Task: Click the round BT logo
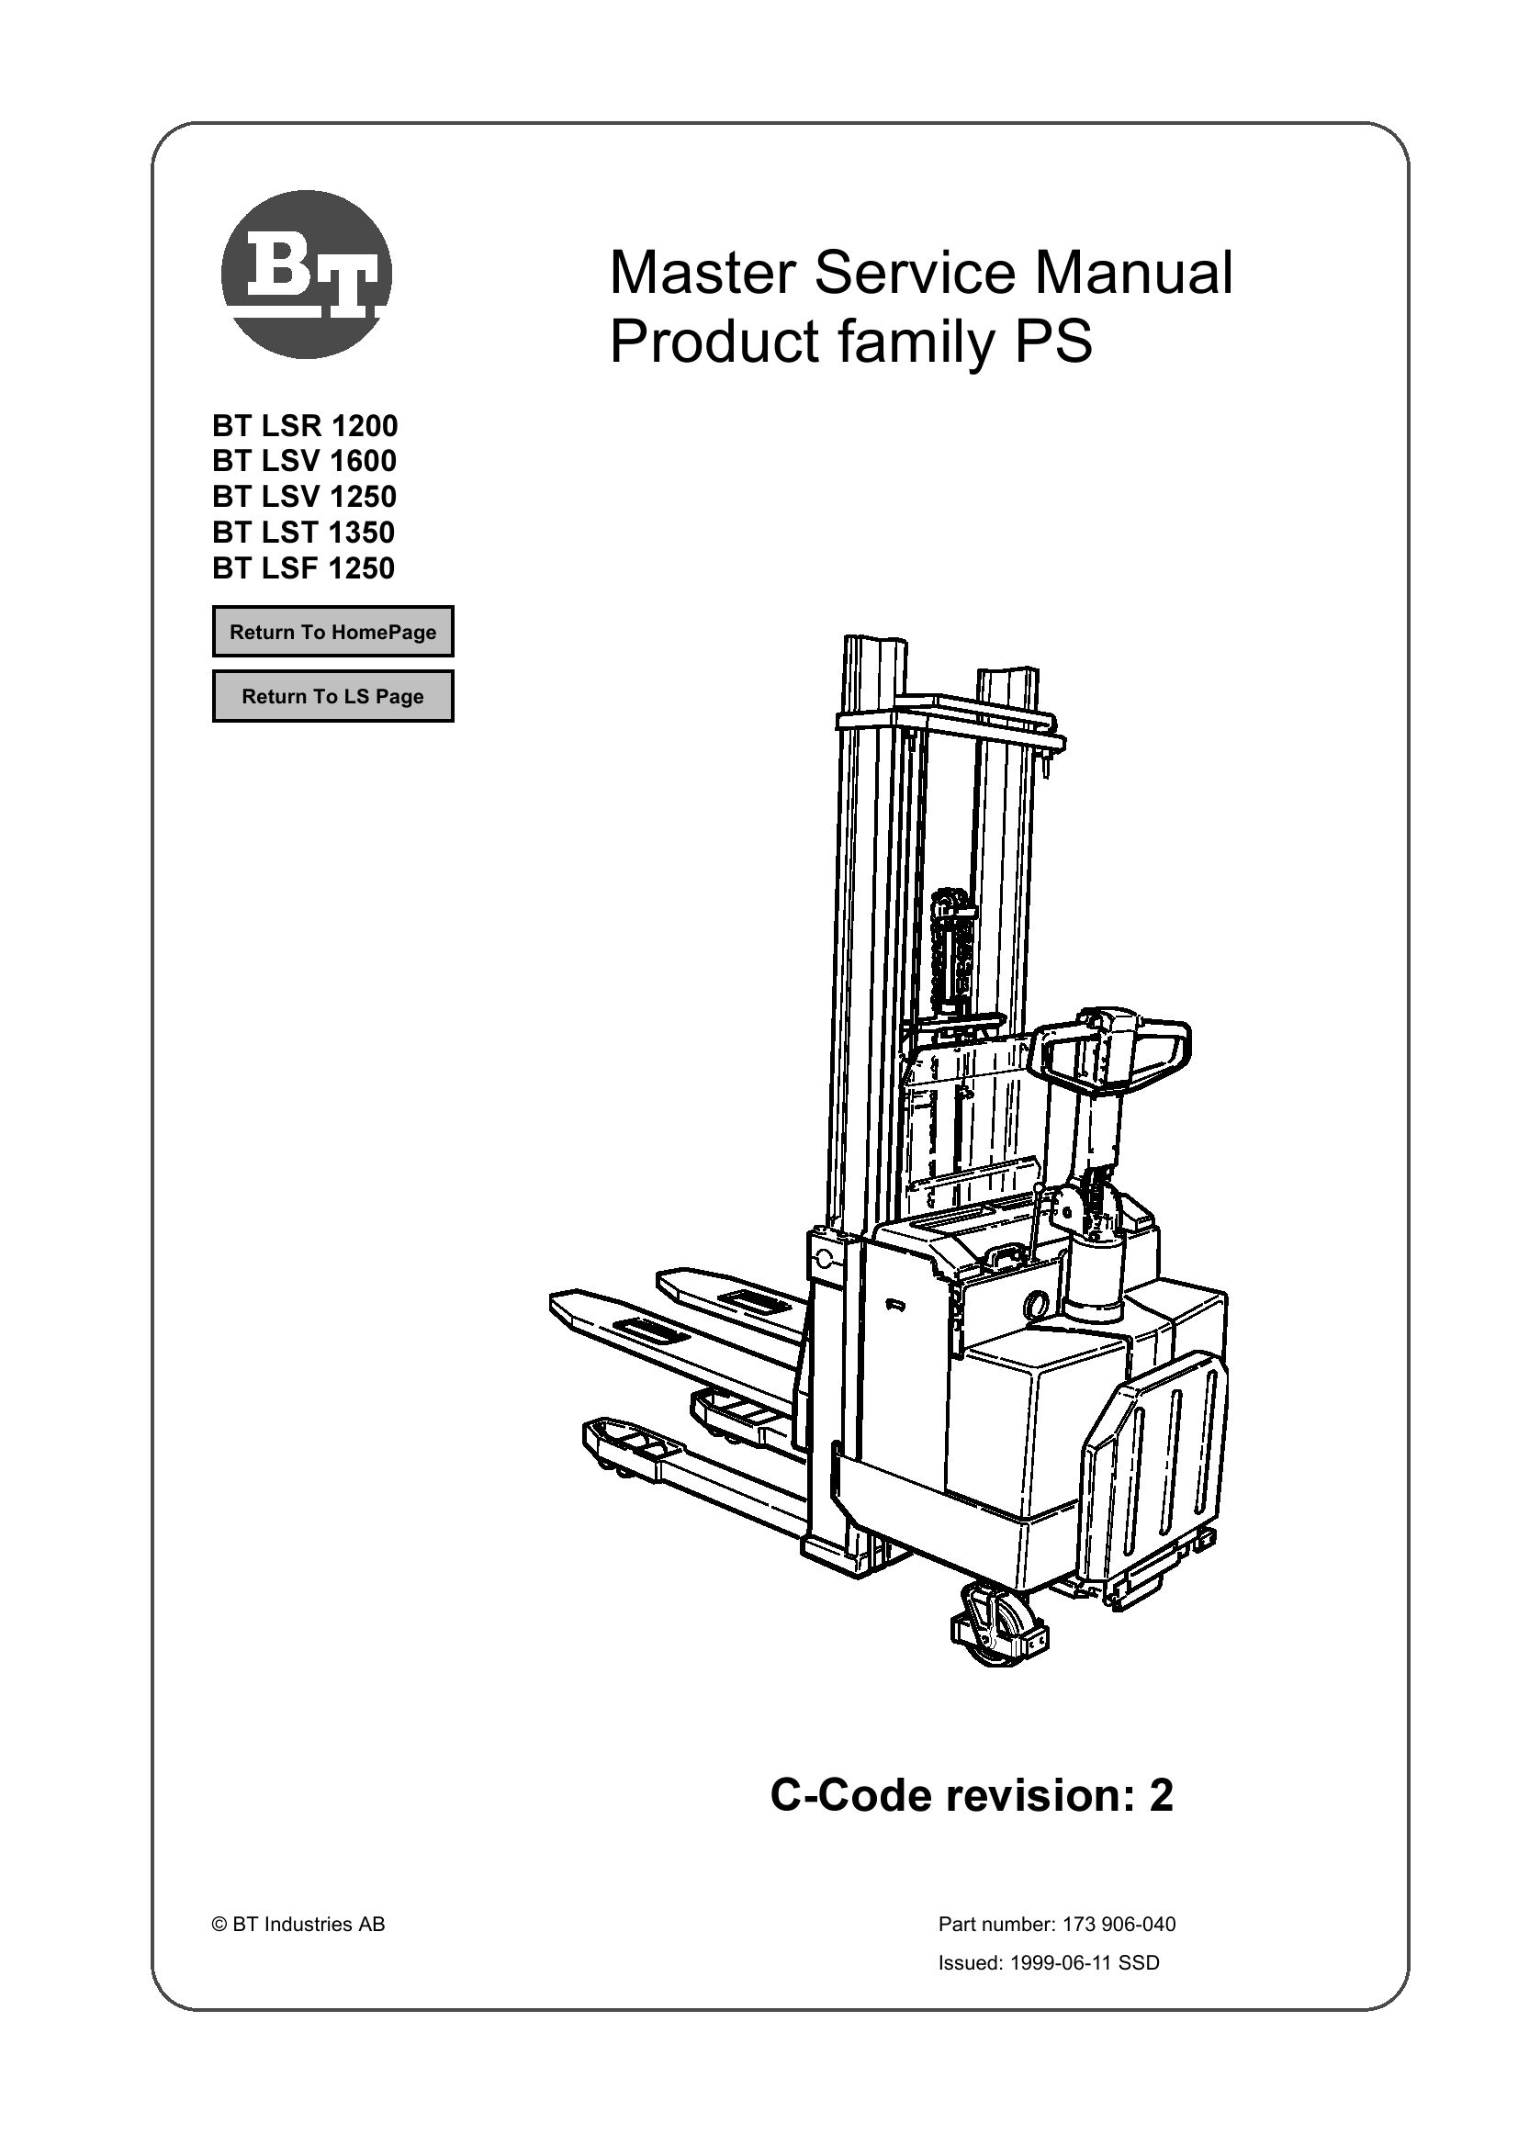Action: [306, 274]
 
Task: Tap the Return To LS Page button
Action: [332, 696]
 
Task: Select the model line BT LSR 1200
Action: [305, 426]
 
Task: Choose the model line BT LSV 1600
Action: [305, 461]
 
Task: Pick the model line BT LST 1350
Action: [304, 533]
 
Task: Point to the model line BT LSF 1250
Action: [304, 568]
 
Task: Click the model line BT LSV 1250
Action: [305, 496]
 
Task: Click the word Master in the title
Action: [701, 273]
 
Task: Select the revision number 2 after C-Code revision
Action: [1161, 1795]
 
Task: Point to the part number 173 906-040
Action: [1118, 1925]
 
